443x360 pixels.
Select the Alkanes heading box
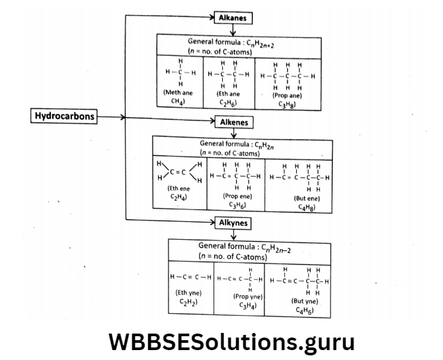pos(232,18)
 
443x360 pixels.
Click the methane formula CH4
pos(178,102)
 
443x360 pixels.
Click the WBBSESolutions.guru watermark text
pos(231,342)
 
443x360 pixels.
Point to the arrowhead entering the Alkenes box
pos(212,122)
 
